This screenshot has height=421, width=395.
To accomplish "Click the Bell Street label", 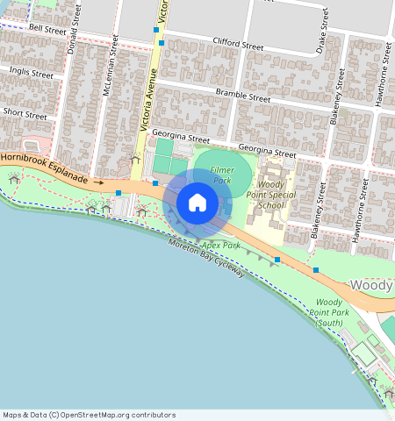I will (47, 29).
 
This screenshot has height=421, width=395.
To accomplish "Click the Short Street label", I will (25, 114).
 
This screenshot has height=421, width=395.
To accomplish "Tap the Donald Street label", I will (75, 29).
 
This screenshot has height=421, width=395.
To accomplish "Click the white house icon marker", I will (197, 203).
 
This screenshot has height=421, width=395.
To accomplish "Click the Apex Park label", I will (220, 246).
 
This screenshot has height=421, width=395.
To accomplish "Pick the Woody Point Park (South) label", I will (330, 313).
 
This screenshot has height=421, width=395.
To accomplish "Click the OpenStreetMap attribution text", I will (89, 415).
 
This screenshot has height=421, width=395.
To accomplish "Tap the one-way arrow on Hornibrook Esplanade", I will (97, 182).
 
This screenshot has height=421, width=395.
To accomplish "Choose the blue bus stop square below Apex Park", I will (277, 260).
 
